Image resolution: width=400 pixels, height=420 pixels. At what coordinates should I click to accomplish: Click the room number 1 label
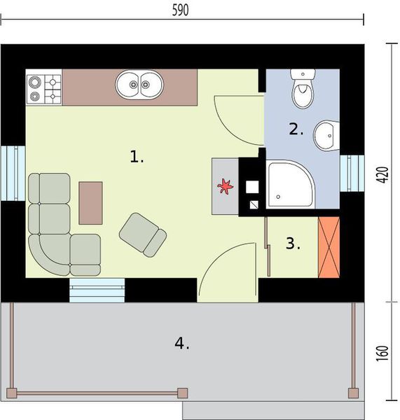[x=137, y=157]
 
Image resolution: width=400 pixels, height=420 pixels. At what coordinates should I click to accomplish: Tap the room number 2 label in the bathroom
[x=296, y=129]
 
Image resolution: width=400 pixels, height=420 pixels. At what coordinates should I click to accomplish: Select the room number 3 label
[x=292, y=244]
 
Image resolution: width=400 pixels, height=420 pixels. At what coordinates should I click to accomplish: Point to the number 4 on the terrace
[x=181, y=343]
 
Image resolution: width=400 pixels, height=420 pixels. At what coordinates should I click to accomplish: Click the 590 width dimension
[x=181, y=10]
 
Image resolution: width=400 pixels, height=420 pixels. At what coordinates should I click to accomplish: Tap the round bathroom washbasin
[x=325, y=135]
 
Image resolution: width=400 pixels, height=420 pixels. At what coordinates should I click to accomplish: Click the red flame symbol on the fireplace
[x=226, y=186]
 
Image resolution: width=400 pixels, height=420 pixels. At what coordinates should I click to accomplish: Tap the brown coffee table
[x=91, y=202]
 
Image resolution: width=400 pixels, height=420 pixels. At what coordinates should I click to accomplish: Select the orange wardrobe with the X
[x=329, y=248]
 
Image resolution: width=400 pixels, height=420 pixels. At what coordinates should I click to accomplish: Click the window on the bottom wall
[x=97, y=290]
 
